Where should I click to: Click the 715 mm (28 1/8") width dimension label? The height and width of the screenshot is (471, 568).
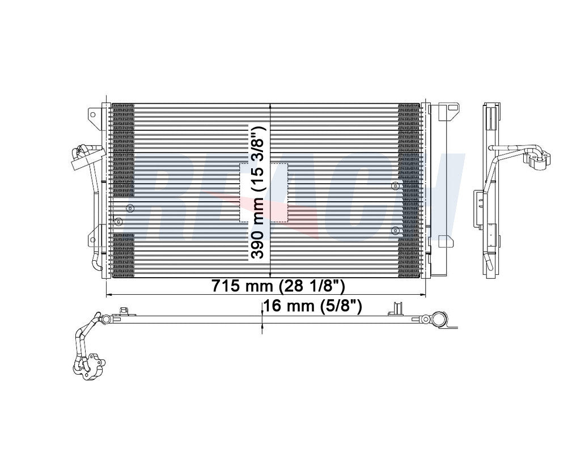click(278, 286)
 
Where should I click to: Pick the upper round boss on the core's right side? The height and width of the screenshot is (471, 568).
click(395, 186)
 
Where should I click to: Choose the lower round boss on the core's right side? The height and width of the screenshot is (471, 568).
click(395, 230)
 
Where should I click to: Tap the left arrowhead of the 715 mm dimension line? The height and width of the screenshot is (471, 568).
click(109, 295)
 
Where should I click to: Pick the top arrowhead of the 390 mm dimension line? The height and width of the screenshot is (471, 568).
click(270, 107)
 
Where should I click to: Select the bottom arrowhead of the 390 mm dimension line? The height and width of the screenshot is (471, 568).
click(270, 276)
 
